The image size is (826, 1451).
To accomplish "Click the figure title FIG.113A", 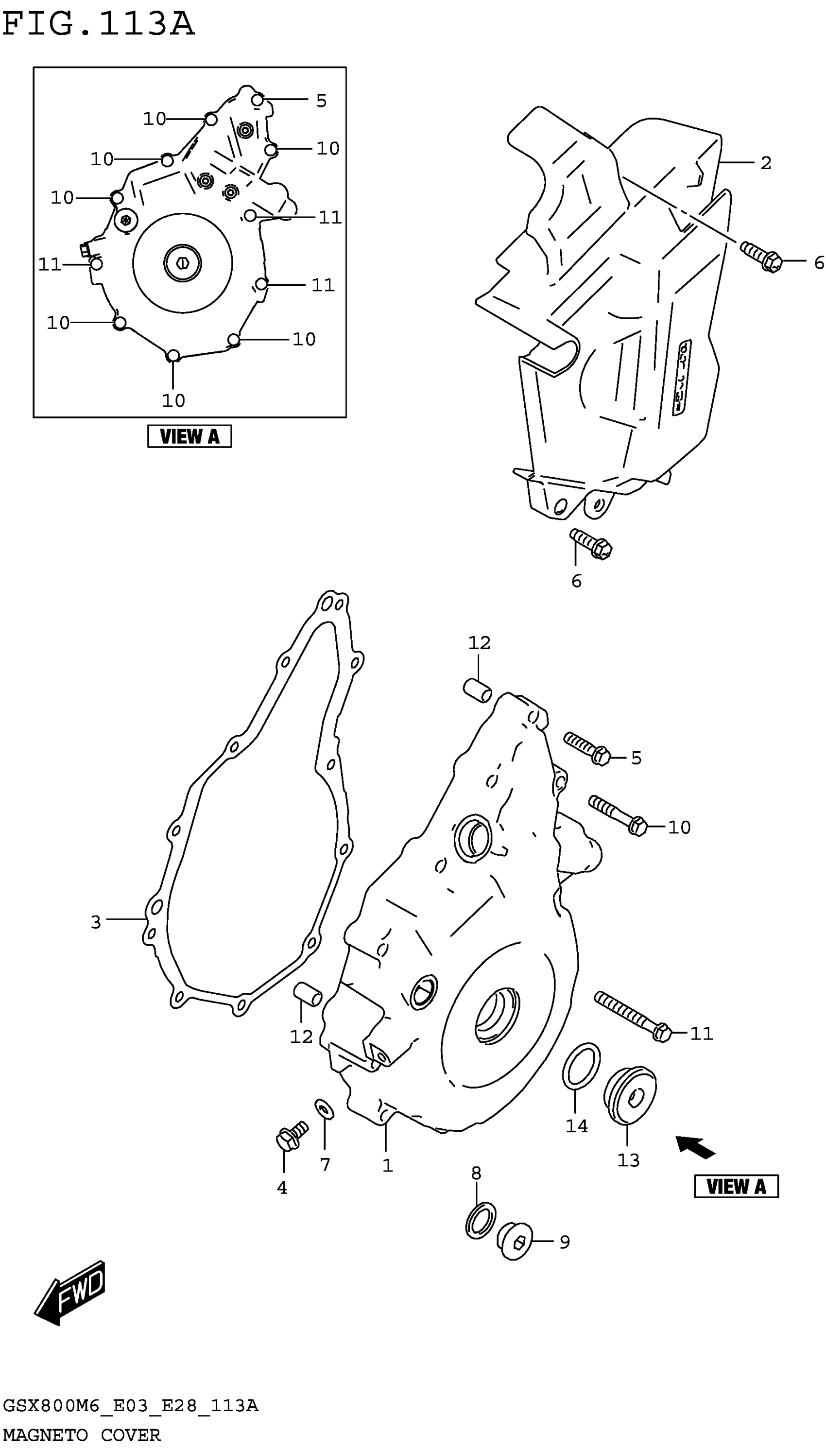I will click(98, 24).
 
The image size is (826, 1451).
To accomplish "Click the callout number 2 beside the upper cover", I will click(765, 163).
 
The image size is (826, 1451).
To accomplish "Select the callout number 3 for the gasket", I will click(96, 922).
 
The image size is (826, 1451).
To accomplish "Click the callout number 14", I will click(576, 1126).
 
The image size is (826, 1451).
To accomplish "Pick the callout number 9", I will click(564, 1242).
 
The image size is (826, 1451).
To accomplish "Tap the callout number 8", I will click(476, 1173).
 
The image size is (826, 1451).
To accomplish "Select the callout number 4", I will click(282, 1188).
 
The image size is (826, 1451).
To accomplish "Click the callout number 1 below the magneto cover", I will click(387, 1166).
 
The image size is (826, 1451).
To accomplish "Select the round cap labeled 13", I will click(630, 1095).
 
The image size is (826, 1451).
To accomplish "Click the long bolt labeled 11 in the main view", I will click(632, 1018).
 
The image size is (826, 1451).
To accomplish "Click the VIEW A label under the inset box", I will click(189, 436).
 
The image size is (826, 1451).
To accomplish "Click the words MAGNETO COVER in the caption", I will click(82, 1434).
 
